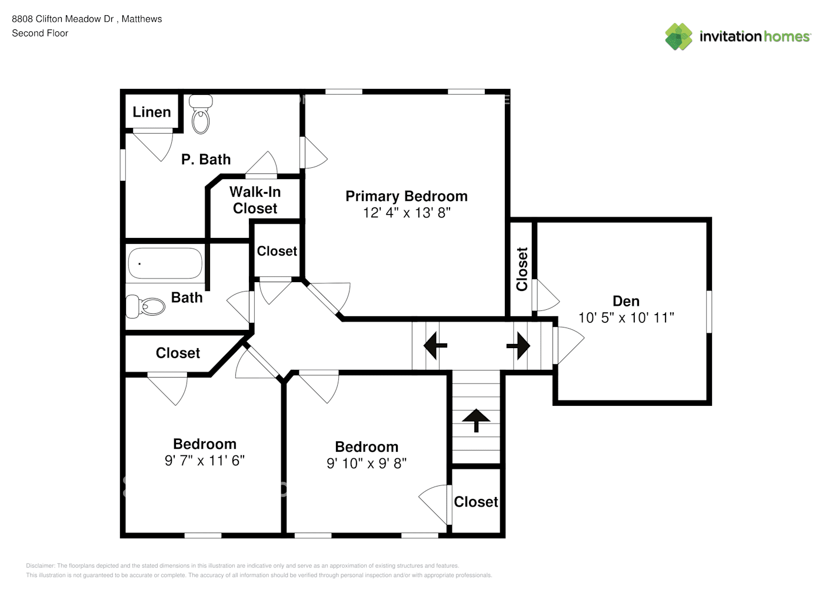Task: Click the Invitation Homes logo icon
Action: [678, 37]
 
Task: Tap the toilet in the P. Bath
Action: [201, 115]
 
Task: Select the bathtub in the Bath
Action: [165, 263]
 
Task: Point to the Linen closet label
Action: [151, 112]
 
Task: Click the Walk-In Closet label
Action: [255, 200]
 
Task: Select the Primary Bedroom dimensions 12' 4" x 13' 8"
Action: [407, 213]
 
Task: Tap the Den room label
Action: [625, 301]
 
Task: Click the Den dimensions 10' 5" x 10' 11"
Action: [625, 317]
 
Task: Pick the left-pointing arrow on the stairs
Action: [435, 345]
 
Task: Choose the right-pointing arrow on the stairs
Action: [518, 345]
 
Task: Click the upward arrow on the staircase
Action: [476, 420]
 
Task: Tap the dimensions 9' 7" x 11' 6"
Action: [204, 461]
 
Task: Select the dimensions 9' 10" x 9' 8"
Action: [366, 464]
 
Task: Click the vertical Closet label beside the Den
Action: [522, 269]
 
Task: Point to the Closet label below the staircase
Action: [475, 502]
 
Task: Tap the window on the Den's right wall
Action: [709, 312]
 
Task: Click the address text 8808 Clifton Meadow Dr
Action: [63, 19]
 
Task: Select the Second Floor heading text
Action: [40, 33]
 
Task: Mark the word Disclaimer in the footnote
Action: [40, 565]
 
